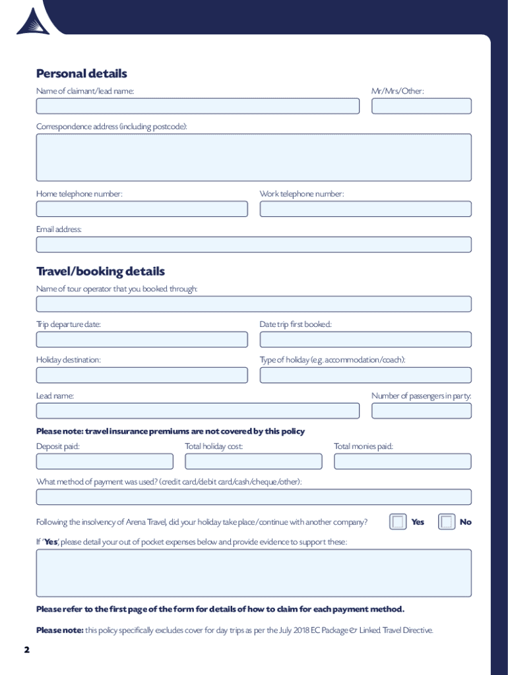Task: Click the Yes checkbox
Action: [398, 522]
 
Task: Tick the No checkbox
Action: [447, 522]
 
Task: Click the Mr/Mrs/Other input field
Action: [421, 106]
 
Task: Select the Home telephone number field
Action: [142, 209]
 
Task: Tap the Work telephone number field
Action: [365, 209]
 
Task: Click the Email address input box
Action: [253, 245]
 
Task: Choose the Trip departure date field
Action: [142, 339]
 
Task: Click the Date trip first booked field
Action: [365, 339]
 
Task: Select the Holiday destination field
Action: [142, 375]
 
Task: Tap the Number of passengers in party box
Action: [421, 411]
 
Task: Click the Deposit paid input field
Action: [105, 461]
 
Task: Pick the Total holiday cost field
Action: [253, 461]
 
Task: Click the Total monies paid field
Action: [402, 461]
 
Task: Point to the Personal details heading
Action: [81, 73]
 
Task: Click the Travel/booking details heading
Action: [100, 271]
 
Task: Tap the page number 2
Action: [27, 650]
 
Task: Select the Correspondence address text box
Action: [253, 158]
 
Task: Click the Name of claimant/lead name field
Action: [197, 106]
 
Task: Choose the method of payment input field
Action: [253, 497]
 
